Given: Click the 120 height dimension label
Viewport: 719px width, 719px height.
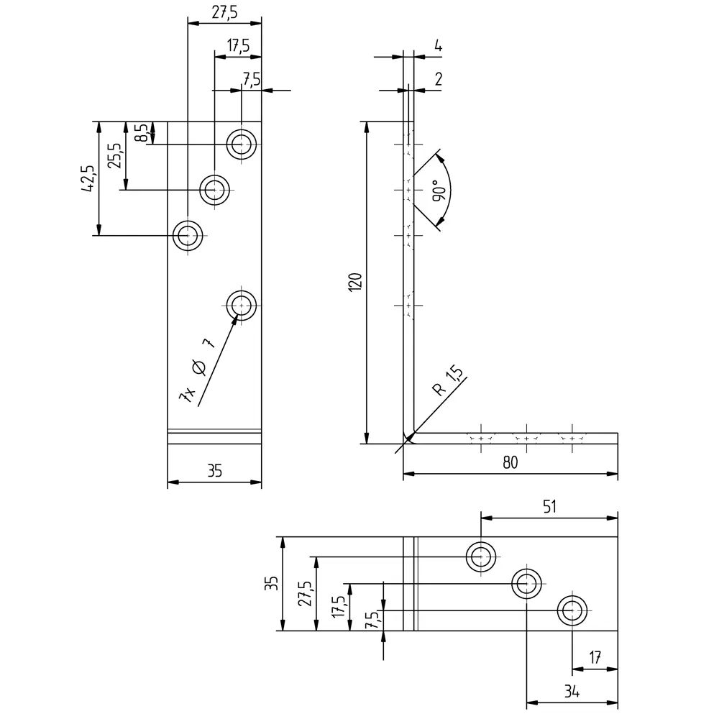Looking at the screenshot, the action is pos(355,282).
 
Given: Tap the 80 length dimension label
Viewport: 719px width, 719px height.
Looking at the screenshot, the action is pos(510,462).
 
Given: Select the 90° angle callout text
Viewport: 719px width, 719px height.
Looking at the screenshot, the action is pos(439,191).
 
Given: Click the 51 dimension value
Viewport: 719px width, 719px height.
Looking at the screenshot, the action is pos(549,506).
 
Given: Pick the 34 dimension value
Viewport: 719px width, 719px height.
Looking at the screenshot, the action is pos(572,691).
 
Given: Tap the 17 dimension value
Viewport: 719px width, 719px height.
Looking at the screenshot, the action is pos(595,658).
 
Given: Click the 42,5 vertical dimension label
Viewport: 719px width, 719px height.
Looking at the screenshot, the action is pos(88,178).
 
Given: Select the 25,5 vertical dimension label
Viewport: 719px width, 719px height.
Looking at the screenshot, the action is pos(114,155).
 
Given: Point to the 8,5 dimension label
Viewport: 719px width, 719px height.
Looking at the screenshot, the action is pos(141,132).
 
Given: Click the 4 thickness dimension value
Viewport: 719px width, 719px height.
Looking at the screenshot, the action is pos(438,45).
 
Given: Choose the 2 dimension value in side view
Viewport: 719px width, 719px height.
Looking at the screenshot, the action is pos(439,79).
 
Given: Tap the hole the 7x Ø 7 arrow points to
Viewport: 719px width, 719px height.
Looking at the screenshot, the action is pos(242,306).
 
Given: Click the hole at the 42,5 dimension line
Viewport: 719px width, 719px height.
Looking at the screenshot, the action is pos(188,236).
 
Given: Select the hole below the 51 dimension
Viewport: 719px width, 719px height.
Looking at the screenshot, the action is pos(481,557).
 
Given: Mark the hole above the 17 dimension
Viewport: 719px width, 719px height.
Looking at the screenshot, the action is pos(572,610).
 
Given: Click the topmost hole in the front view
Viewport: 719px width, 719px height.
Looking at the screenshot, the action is pos(242,145).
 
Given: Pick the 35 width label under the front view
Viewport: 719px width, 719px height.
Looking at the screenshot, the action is pos(214,471).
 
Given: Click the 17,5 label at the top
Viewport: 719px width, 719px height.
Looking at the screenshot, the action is pos(239,45).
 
